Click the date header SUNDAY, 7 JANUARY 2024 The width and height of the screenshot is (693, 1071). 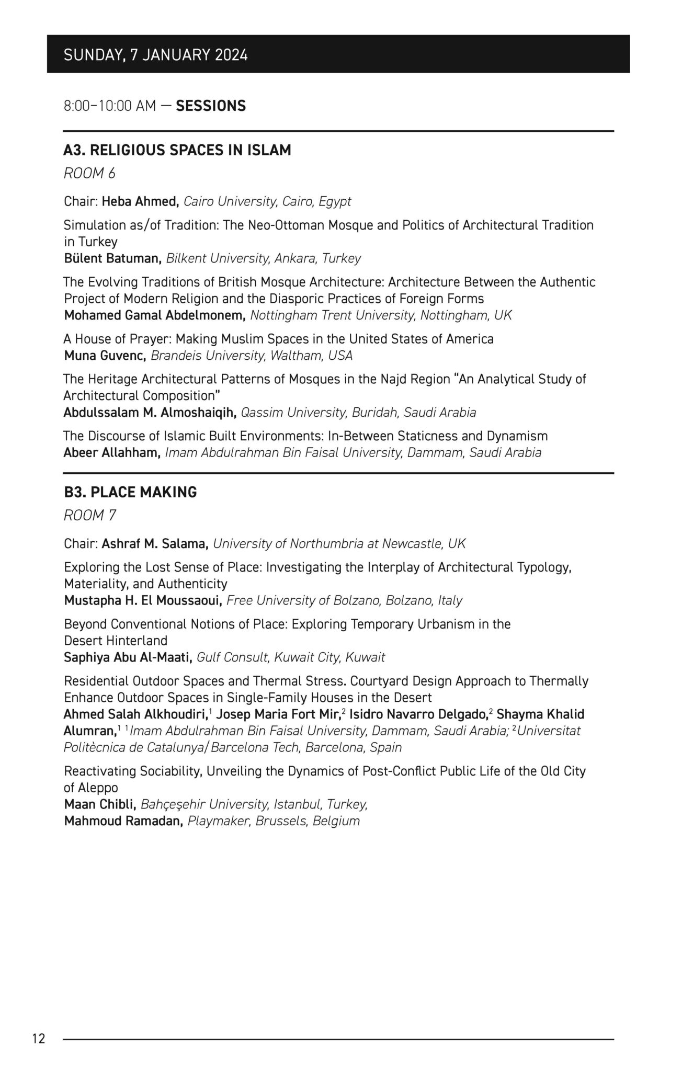click(x=155, y=55)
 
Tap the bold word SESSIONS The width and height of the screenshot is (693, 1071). click(x=211, y=106)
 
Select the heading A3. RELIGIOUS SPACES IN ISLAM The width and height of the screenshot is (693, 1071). click(x=177, y=150)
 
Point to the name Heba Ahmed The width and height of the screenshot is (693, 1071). click(x=141, y=201)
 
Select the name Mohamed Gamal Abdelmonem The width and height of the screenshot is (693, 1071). click(x=155, y=315)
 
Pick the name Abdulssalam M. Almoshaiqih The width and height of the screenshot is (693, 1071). click(x=150, y=413)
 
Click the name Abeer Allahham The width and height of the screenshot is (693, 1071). click(x=112, y=452)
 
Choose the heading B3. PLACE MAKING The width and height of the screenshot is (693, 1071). click(x=130, y=492)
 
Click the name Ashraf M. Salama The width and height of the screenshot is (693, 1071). click(x=155, y=544)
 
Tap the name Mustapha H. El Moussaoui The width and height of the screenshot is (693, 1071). click(x=143, y=600)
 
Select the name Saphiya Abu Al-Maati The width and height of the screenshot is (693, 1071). click(x=128, y=657)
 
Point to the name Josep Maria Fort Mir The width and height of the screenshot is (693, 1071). click(x=278, y=714)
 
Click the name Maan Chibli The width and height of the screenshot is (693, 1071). click(x=100, y=804)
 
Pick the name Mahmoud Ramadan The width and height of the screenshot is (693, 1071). click(x=123, y=821)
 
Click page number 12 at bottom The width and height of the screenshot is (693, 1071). click(x=39, y=1039)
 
